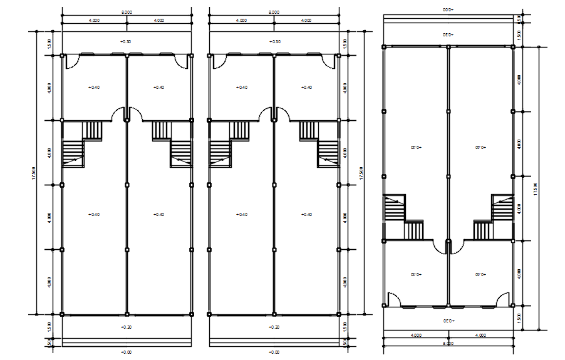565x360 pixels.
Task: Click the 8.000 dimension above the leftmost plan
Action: coord(127,12)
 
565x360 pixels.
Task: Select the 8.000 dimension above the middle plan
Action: coord(273,12)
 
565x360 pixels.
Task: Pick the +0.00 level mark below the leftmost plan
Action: coord(127,352)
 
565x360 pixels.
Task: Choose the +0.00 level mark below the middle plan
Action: coord(273,352)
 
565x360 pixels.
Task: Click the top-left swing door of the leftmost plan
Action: coord(71,61)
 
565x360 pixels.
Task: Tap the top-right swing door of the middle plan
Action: coord(328,61)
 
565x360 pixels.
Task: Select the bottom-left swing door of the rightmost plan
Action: coord(394,299)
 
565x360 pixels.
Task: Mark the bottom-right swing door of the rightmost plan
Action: coord(502,299)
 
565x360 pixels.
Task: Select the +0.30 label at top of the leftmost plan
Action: coord(127,41)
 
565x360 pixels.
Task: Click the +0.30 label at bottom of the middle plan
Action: coord(273,327)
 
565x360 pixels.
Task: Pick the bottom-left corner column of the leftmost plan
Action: coord(62,314)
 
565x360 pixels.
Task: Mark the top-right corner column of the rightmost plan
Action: coord(512,46)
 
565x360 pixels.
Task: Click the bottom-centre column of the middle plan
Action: coord(273,314)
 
